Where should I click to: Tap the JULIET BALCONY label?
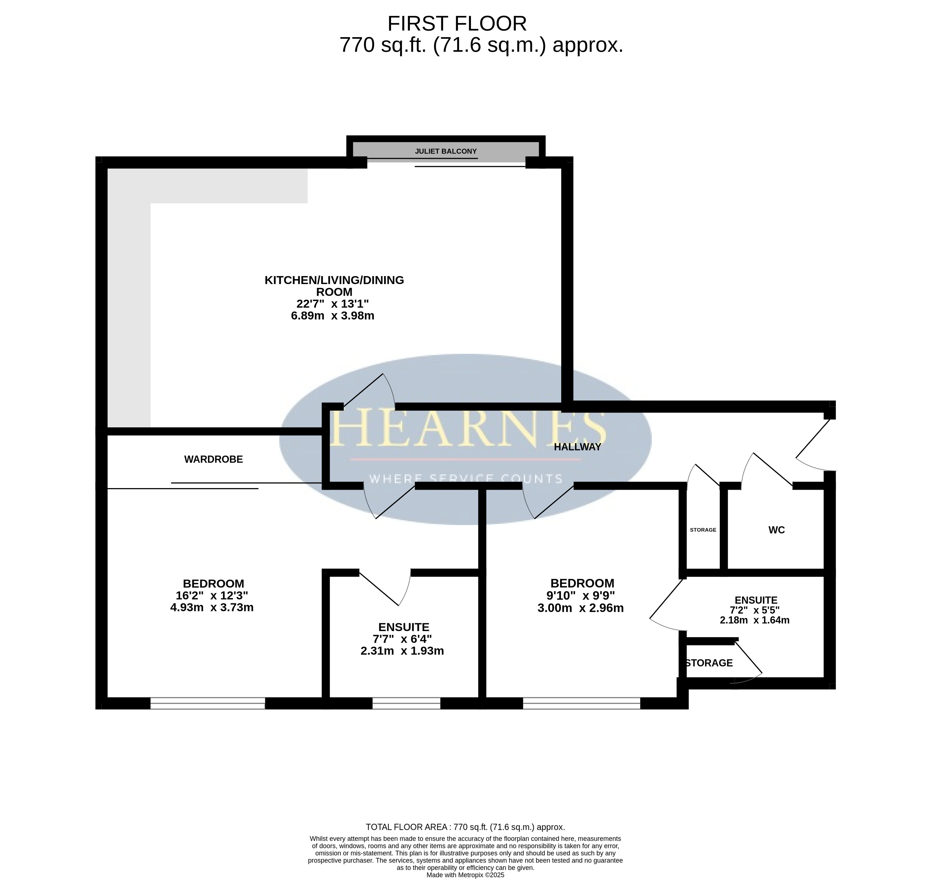(x=445, y=151)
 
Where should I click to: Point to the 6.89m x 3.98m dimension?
(x=332, y=315)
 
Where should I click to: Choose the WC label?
(x=776, y=530)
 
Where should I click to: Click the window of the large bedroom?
(x=208, y=703)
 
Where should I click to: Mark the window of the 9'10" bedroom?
(x=581, y=703)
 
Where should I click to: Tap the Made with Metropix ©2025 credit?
(x=465, y=875)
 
